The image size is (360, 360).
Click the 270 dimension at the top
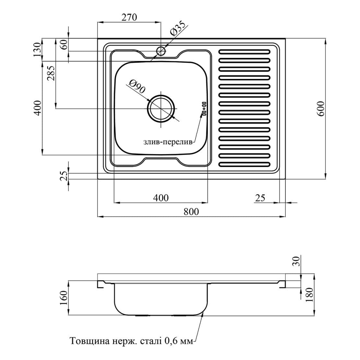pyautogui.click(x=129, y=17)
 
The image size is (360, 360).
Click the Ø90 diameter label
pyautogui.click(x=136, y=87)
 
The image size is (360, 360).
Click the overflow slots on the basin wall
pyautogui.click(x=204, y=108)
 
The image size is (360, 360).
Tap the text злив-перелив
pyautogui.click(x=168, y=142)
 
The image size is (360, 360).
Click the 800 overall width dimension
pyautogui.click(x=191, y=211)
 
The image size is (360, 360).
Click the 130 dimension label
pyautogui.click(x=38, y=50)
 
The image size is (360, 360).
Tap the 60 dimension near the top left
pyautogui.click(x=64, y=44)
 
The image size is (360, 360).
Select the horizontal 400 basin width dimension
pyautogui.click(x=161, y=198)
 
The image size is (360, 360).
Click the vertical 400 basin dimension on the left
pyautogui.click(x=38, y=108)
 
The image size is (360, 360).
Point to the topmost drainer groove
pyautogui.click(x=245, y=52)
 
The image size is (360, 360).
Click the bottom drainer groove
pyautogui.click(x=245, y=164)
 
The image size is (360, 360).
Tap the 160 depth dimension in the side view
pyautogui.click(x=64, y=297)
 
